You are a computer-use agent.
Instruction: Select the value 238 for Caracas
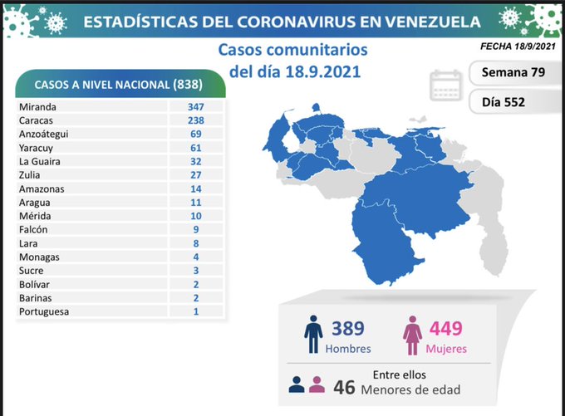point(196,120)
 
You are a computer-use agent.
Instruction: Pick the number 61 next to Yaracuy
point(196,148)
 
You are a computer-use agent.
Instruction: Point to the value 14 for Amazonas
point(196,189)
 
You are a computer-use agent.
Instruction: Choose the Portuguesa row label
point(43,312)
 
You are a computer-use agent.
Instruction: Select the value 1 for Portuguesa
point(196,312)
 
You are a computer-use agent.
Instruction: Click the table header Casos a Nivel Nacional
point(121,85)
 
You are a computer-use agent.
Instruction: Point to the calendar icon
point(446,86)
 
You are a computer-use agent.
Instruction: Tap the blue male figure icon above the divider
point(312,335)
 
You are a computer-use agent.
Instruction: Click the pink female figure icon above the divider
point(412,335)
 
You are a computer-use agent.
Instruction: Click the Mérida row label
point(33,217)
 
